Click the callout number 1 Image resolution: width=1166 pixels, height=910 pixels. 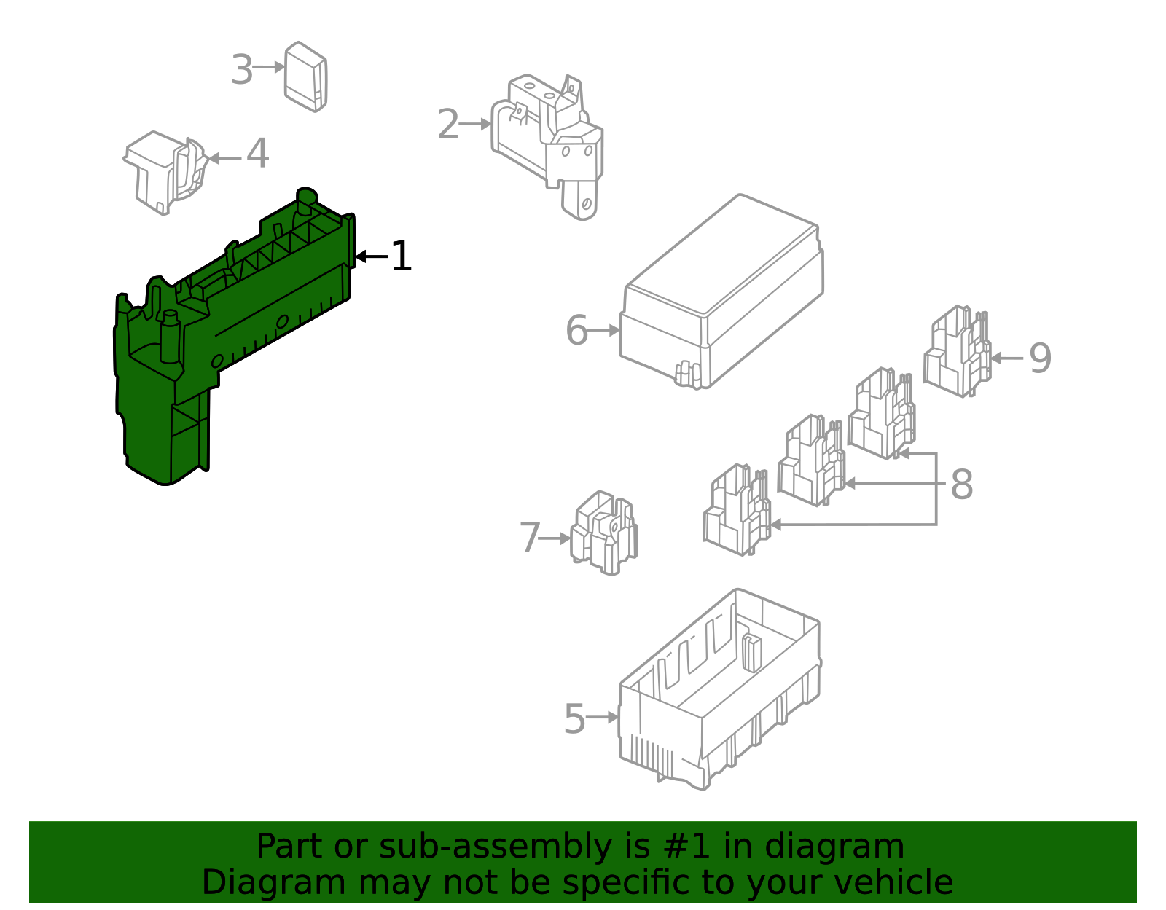[x=401, y=256]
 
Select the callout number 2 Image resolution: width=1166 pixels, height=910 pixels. [x=448, y=125]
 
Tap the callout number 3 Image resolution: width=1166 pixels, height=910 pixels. [x=241, y=70]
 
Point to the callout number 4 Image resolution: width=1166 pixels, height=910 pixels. [x=257, y=154]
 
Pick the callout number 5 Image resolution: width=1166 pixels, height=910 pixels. [x=574, y=719]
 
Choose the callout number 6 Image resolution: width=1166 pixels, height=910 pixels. [x=576, y=331]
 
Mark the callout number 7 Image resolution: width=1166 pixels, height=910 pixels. [x=530, y=538]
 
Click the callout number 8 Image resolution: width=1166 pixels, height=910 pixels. [x=962, y=485]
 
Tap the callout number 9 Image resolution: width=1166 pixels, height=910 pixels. [x=1040, y=358]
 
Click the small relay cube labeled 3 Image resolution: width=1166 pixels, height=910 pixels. [x=305, y=77]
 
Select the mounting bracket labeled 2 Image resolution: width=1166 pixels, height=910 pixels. [x=554, y=138]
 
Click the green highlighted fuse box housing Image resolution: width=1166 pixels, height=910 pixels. [x=219, y=328]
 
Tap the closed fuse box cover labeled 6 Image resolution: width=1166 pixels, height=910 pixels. [x=721, y=291]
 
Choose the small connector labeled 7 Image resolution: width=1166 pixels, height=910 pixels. [x=603, y=533]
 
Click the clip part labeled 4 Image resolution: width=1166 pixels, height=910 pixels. [x=166, y=171]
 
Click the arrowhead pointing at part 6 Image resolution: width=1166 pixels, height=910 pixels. [x=615, y=330]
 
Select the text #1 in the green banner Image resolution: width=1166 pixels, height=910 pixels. [x=685, y=847]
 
